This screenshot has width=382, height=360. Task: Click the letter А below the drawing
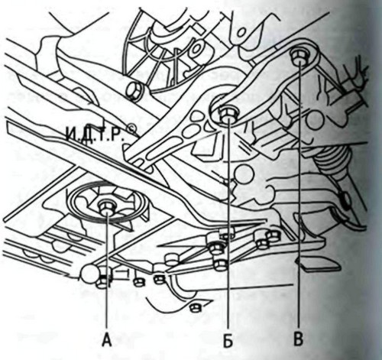(107, 340)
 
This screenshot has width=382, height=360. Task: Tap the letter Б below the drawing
(228, 340)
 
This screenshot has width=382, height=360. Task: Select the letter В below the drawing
(298, 339)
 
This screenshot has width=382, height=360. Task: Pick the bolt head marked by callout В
(299, 57)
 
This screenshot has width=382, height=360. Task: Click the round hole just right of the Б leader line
(244, 174)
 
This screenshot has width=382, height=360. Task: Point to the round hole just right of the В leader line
(316, 119)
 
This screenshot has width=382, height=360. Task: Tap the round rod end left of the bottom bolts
(90, 274)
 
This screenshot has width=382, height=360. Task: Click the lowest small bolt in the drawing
(196, 308)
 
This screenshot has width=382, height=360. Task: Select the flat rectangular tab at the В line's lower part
(318, 265)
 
